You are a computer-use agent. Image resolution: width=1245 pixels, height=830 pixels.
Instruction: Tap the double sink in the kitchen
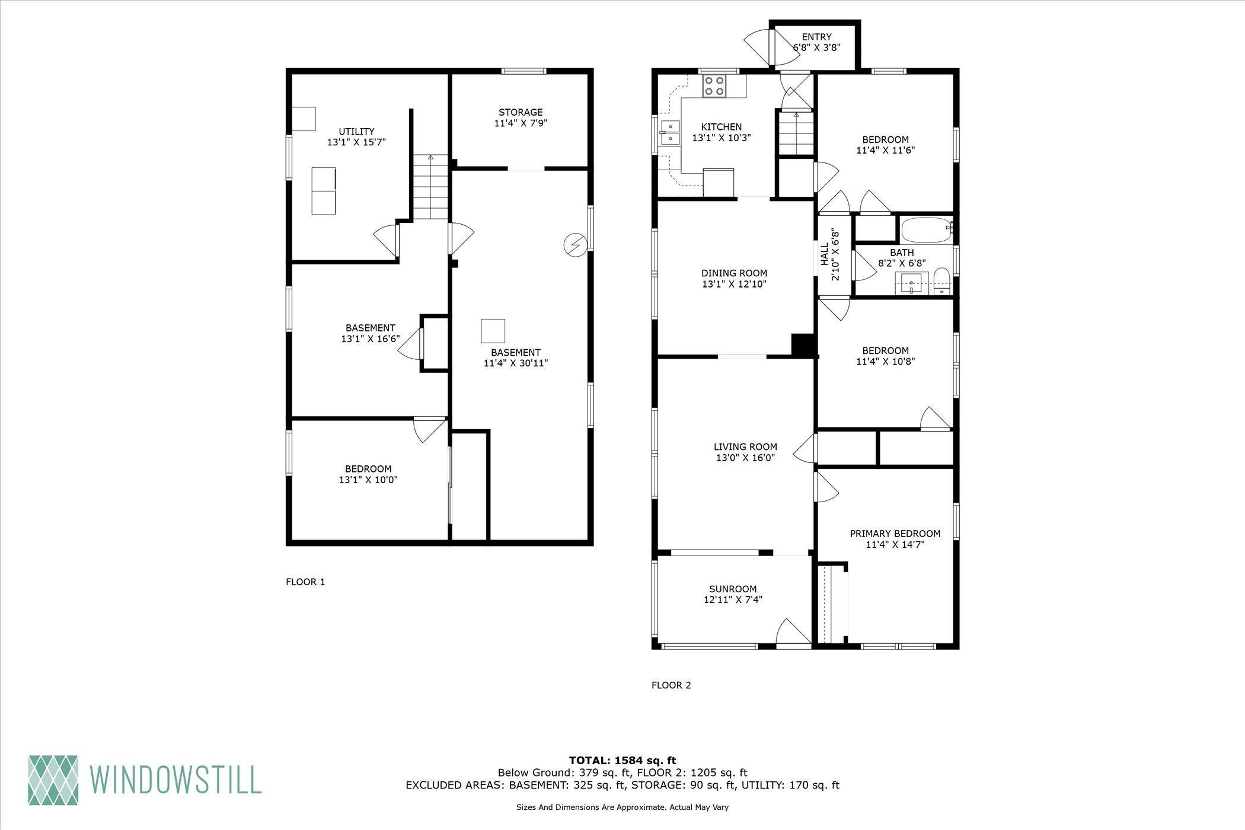click(x=671, y=132)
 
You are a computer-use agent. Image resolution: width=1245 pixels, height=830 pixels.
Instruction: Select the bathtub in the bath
click(x=925, y=231)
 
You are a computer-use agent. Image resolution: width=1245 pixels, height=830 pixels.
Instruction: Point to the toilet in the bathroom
click(x=941, y=282)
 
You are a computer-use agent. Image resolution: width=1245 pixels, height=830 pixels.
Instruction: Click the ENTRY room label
click(x=816, y=37)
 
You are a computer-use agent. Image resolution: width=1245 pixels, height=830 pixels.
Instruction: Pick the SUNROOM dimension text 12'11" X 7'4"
click(x=733, y=599)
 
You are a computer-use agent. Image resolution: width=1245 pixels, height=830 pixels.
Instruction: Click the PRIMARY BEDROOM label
click(x=895, y=534)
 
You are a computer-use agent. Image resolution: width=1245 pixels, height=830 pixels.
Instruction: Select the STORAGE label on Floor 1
click(x=520, y=112)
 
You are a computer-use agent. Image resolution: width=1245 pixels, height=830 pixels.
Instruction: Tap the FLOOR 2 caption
click(x=671, y=685)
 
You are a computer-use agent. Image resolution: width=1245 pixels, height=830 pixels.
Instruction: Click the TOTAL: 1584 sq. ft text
click(x=622, y=760)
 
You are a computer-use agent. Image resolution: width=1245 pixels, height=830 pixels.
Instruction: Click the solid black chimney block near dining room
click(x=803, y=346)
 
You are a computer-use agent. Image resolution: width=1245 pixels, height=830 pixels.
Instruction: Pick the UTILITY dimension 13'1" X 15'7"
click(x=356, y=142)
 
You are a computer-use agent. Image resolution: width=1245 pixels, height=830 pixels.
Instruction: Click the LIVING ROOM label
click(x=745, y=447)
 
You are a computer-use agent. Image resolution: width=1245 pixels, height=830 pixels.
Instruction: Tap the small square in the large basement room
click(x=493, y=331)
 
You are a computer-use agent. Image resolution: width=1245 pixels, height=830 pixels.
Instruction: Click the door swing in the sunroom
click(x=791, y=633)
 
